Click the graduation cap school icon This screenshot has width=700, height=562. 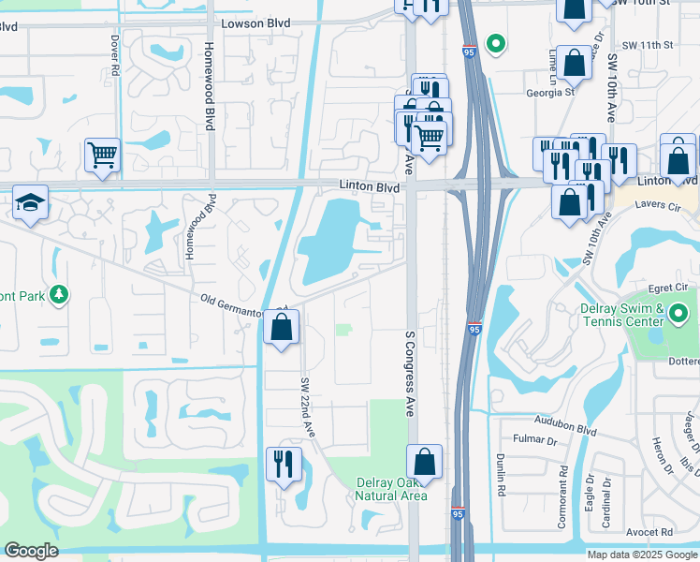(x=31, y=201)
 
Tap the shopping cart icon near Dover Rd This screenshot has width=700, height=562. (x=102, y=155)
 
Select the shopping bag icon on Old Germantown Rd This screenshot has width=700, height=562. (x=281, y=329)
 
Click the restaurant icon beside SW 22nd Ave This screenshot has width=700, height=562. (x=284, y=464)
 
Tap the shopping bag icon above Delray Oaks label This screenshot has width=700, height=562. (x=424, y=462)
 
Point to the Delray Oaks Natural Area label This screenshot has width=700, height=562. (x=391, y=489)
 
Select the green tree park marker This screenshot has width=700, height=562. (x=59, y=295)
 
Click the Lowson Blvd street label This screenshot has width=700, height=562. (x=257, y=23)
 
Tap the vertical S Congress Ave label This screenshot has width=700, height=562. (x=409, y=373)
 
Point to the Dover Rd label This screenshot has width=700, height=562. (x=114, y=56)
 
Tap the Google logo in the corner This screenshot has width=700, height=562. (x=31, y=551)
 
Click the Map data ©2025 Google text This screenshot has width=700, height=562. (x=642, y=555)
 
